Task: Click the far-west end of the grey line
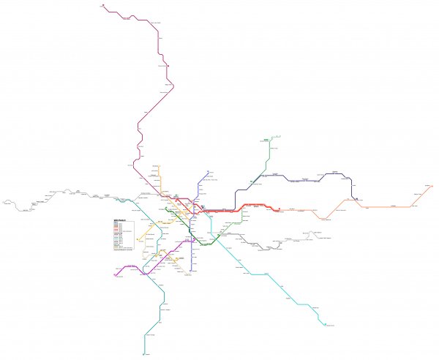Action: [x=3, y=199]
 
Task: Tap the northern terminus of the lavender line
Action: [x=209, y=172]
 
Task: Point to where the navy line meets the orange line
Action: [x=354, y=198]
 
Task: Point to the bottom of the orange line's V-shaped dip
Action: [x=321, y=218]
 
